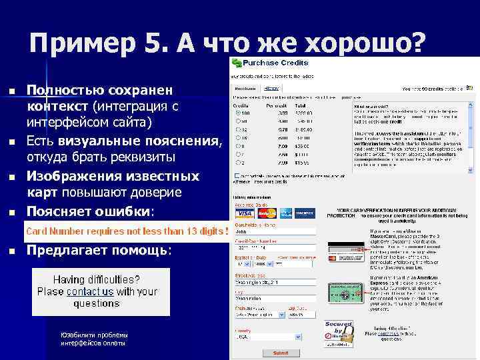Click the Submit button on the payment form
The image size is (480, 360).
pyautogui.click(x=281, y=353)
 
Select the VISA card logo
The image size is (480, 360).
pyautogui.click(x=245, y=213)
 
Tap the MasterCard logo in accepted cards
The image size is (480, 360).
pyautogui.click(x=267, y=213)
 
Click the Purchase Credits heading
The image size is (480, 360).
pyautogui.click(x=275, y=63)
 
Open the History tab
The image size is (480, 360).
pyautogui.click(x=271, y=88)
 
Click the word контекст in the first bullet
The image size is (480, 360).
pyautogui.click(x=58, y=107)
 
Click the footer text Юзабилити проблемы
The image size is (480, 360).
pyautogui.click(x=93, y=335)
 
